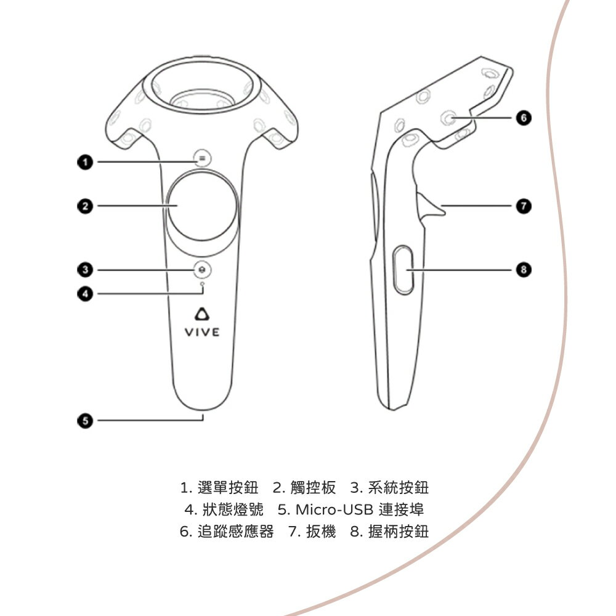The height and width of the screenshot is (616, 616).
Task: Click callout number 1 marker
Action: tap(85, 162)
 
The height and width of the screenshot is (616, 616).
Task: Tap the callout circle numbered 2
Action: tap(85, 206)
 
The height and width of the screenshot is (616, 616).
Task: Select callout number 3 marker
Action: tap(85, 270)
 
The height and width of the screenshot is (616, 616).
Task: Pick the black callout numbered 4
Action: tap(85, 293)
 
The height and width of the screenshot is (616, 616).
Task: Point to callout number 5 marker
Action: tap(85, 420)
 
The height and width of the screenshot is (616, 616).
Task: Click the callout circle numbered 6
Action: tap(524, 118)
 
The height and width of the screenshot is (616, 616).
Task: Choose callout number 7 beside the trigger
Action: tap(524, 206)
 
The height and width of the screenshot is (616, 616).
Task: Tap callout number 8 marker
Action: tap(524, 270)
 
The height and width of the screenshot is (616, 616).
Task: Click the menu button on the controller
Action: tap(202, 158)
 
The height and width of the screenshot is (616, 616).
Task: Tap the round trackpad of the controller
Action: tap(202, 206)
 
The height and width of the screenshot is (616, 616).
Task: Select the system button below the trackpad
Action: tap(202, 270)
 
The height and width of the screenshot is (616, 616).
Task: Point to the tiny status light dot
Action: tap(202, 283)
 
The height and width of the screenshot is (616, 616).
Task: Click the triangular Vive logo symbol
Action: tap(202, 314)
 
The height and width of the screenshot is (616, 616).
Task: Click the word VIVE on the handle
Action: tap(202, 333)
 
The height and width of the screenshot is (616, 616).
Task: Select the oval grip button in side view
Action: tap(403, 270)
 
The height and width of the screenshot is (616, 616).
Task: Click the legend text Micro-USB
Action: tap(334, 509)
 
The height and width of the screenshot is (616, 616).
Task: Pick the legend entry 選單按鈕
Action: tap(228, 487)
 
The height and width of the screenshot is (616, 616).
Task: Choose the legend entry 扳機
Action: tap(321, 532)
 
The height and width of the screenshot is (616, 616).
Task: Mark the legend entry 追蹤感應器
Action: tap(235, 532)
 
